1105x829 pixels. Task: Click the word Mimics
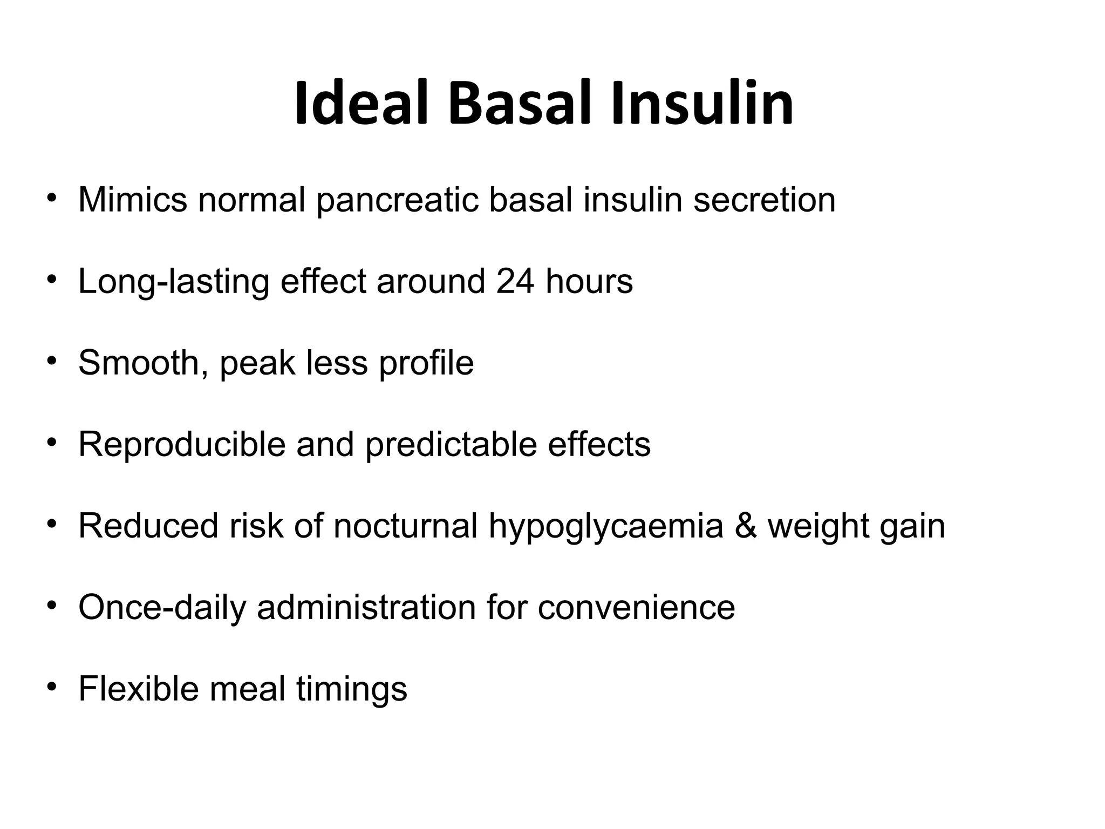pyautogui.click(x=133, y=200)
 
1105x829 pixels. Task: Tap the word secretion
pyautogui.click(x=764, y=200)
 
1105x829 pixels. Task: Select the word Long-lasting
pyautogui.click(x=174, y=282)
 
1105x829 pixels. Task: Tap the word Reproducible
pyautogui.click(x=182, y=445)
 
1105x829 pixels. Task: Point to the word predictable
pyautogui.click(x=451, y=445)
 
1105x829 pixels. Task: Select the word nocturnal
pyautogui.click(x=405, y=526)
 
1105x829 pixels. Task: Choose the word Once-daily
pyautogui.click(x=162, y=608)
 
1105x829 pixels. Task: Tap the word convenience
pyautogui.click(x=636, y=608)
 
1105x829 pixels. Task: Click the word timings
pyautogui.click(x=352, y=690)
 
